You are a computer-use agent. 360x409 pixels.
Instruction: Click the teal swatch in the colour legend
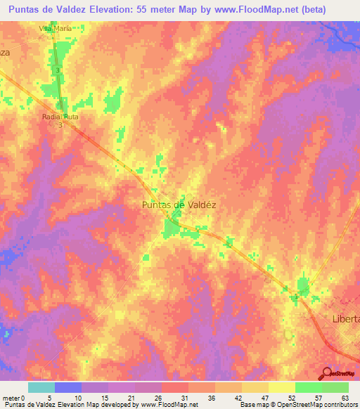click(41, 387)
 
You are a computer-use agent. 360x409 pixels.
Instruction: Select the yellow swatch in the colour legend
click(281, 387)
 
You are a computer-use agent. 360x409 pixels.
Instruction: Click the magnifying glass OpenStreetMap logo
click(326, 374)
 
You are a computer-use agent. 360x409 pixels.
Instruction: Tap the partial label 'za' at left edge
click(4, 53)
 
